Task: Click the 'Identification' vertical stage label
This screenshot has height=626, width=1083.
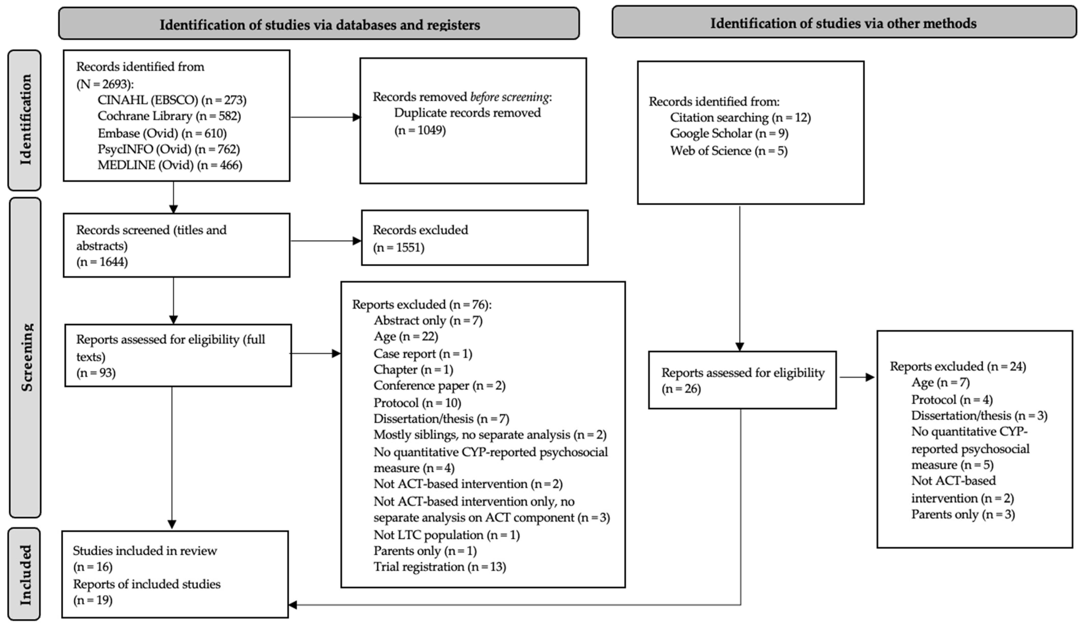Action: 25,120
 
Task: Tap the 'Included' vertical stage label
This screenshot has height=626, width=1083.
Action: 25,575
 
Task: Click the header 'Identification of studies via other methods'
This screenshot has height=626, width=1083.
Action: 843,23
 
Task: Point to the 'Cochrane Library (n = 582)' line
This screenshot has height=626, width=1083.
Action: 169,116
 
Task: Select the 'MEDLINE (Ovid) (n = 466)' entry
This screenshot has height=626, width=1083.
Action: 170,165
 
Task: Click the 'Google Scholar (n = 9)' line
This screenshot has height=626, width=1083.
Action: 729,134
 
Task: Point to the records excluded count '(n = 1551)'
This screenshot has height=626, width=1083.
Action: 398,248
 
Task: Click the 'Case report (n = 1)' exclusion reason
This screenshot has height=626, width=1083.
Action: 423,354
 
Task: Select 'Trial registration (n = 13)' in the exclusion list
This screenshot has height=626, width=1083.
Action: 440,567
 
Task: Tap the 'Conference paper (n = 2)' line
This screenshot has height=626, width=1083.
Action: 440,386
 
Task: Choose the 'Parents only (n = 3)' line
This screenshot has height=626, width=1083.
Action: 963,515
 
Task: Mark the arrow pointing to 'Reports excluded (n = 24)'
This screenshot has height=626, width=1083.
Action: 857,378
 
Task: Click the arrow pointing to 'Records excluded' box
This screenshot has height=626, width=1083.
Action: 326,241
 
